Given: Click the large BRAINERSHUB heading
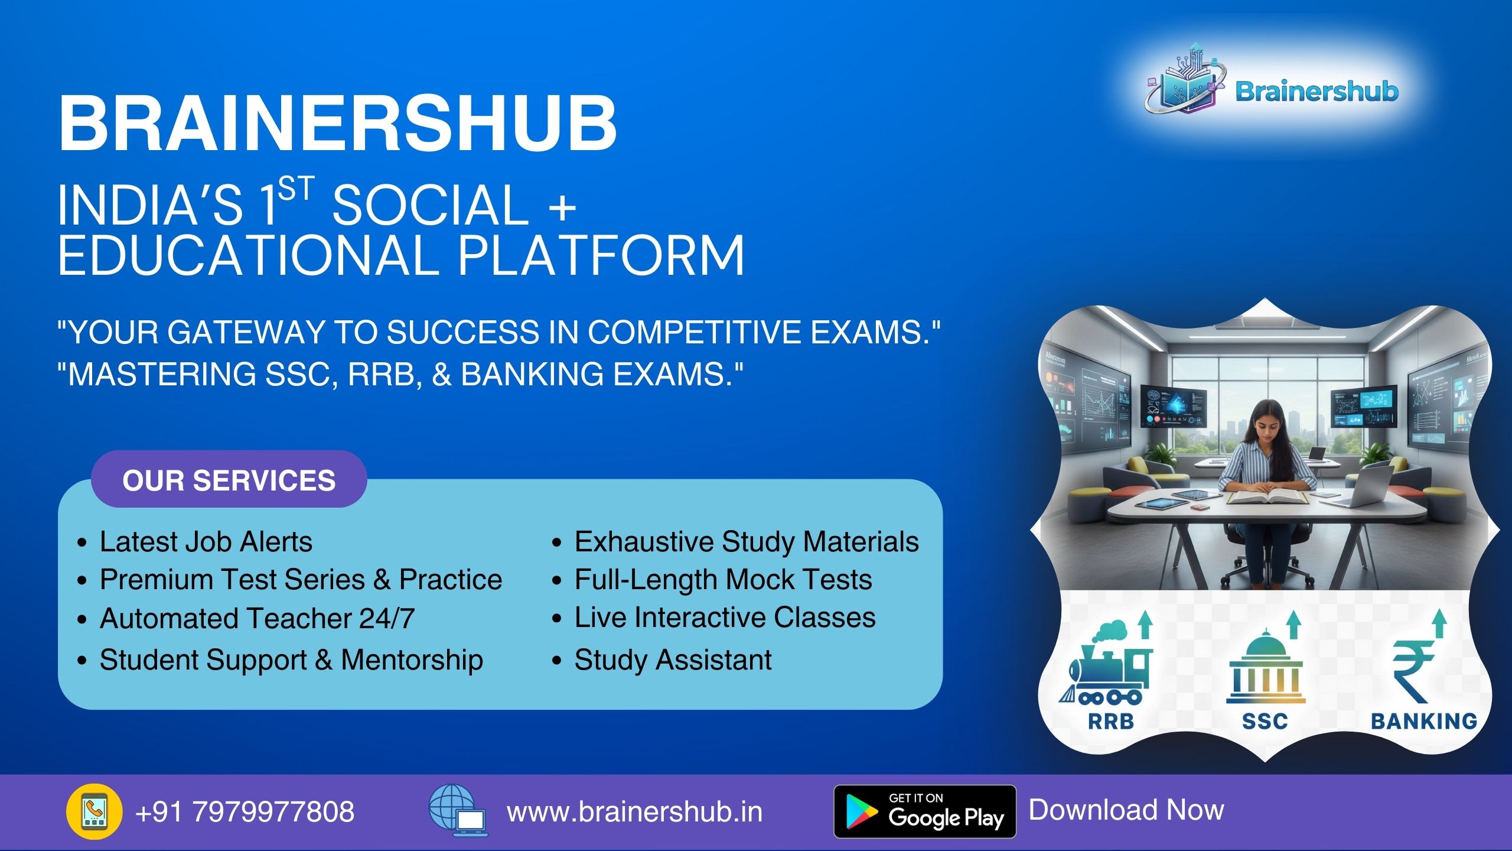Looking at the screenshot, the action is pyautogui.click(x=338, y=124).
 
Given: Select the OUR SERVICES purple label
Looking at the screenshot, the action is pyautogui.click(x=229, y=479).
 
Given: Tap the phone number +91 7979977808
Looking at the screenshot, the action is pyautogui.click(x=245, y=811).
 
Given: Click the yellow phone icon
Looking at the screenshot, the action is pyautogui.click(x=94, y=812).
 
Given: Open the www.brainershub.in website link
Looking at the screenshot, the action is pyautogui.click(x=635, y=812).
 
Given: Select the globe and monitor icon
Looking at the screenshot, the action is pyautogui.click(x=458, y=810).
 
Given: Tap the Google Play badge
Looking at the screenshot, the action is pyautogui.click(x=925, y=811).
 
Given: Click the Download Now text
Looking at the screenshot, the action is pyautogui.click(x=1127, y=810).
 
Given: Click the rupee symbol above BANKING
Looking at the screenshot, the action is pyautogui.click(x=1412, y=671).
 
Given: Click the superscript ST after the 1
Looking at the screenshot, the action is pyautogui.click(x=296, y=190).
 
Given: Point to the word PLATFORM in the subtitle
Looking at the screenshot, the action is pyautogui.click(x=601, y=255).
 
